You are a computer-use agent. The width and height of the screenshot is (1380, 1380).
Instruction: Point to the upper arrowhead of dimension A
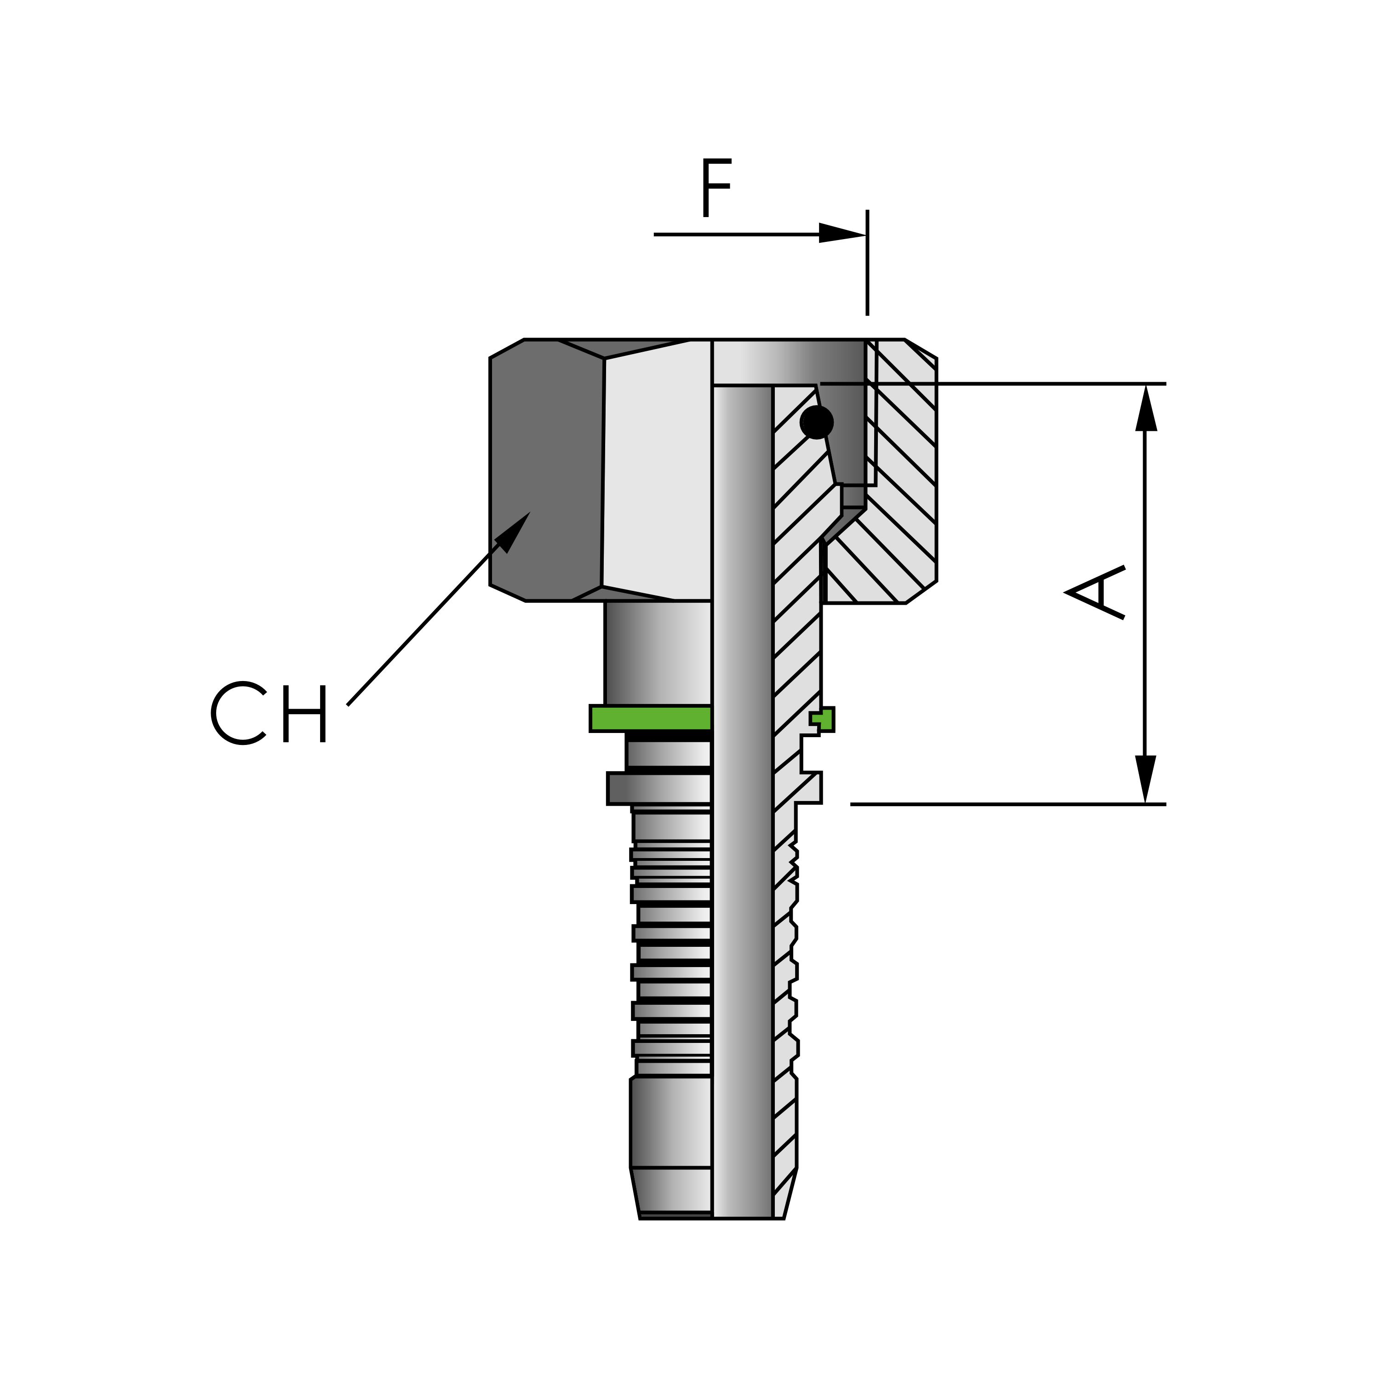pos(1146,408)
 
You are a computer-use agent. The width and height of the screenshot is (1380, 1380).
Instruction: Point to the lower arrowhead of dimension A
pos(1146,779)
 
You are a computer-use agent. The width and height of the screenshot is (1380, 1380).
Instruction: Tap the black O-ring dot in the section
pos(816,422)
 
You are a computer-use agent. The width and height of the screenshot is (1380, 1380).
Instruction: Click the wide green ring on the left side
pos(650,718)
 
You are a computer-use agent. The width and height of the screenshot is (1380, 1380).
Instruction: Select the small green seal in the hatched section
pos(824,719)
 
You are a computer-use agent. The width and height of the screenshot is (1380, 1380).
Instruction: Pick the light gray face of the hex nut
pos(657,471)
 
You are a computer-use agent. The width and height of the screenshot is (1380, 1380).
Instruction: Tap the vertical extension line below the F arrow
pos(867,286)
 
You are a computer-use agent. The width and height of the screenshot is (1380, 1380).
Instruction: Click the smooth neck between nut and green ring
pos(657,652)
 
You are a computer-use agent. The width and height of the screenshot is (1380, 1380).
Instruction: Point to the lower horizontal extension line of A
pos(1000,804)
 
